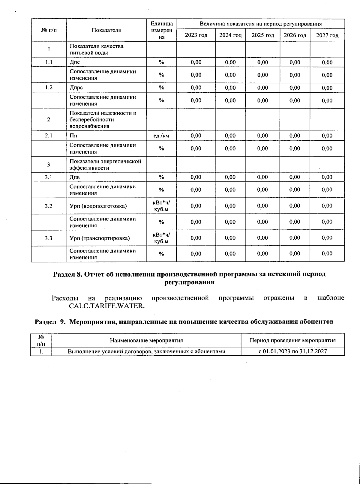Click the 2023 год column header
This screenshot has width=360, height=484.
pos(196,35)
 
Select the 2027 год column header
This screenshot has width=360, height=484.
pos(327,35)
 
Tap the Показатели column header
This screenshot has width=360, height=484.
pos(106,30)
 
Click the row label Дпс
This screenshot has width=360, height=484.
pos(75,62)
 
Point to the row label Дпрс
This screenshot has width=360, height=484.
pos(76,88)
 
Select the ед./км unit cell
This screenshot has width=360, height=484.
pos(161,136)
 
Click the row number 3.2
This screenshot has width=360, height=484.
pos(49,206)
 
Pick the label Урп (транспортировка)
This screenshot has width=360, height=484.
pos(100,238)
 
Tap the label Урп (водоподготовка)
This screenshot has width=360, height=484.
pos(98,206)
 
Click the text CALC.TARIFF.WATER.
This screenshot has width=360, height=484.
pos(107,306)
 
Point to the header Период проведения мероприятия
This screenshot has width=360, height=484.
pos(292,340)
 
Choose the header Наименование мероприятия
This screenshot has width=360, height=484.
pos(146,340)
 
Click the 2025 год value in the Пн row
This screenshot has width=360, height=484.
pos(262,136)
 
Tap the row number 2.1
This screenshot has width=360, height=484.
pos(49,136)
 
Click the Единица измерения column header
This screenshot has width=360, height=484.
pos(161,30)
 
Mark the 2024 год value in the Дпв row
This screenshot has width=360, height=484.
pos(230,177)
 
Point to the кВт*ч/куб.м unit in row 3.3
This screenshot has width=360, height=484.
pos(161,238)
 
